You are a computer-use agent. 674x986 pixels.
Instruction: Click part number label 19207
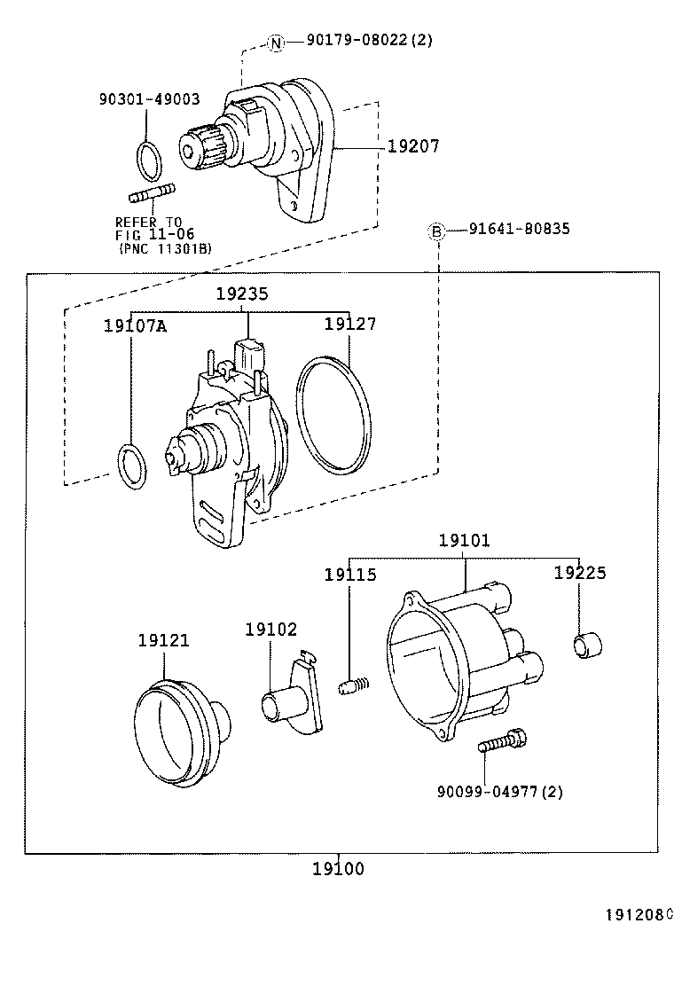click(413, 146)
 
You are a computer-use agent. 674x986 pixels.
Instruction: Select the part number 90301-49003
click(149, 100)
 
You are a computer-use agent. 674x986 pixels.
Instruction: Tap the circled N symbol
click(276, 41)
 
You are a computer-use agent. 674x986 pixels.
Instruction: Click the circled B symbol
click(436, 231)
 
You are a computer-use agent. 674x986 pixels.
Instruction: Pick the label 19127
click(349, 325)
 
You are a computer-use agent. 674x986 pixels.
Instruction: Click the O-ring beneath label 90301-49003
click(149, 158)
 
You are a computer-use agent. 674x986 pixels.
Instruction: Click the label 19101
click(464, 540)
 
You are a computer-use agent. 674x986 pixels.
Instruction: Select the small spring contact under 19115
click(352, 685)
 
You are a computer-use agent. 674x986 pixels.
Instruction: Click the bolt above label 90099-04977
click(502, 741)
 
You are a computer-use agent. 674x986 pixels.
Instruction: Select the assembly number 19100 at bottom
click(338, 869)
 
